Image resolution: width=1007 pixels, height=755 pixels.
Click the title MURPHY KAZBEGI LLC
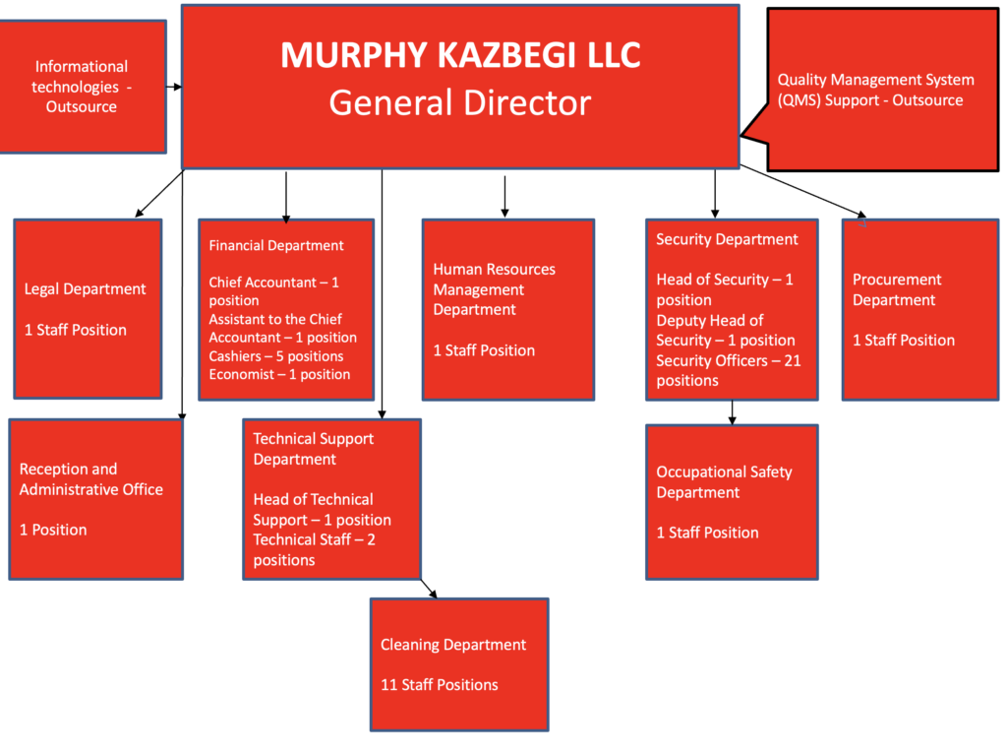460,55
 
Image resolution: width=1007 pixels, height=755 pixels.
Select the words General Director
460,102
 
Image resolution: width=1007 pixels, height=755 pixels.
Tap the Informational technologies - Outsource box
82,87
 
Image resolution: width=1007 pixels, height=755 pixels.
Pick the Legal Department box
88,308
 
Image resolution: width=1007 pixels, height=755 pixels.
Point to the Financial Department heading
276,245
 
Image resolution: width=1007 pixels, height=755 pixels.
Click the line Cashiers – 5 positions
276,355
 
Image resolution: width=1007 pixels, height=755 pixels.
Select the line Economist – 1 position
279,374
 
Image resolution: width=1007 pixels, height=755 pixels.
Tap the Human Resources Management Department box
507,309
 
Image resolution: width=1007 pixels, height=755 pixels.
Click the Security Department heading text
727,239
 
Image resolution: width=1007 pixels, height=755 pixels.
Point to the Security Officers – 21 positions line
729,370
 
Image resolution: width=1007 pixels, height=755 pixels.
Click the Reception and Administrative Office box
95,499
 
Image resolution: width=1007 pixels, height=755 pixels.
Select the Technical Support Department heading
313,449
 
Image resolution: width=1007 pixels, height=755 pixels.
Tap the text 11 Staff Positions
440,684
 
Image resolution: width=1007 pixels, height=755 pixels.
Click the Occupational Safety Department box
732,501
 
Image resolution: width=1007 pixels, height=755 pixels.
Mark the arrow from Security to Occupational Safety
732,412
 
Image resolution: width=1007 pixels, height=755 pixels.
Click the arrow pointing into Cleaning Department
429,589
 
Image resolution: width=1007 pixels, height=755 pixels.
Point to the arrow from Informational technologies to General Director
174,87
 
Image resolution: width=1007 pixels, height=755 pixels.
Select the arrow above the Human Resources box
504,197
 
